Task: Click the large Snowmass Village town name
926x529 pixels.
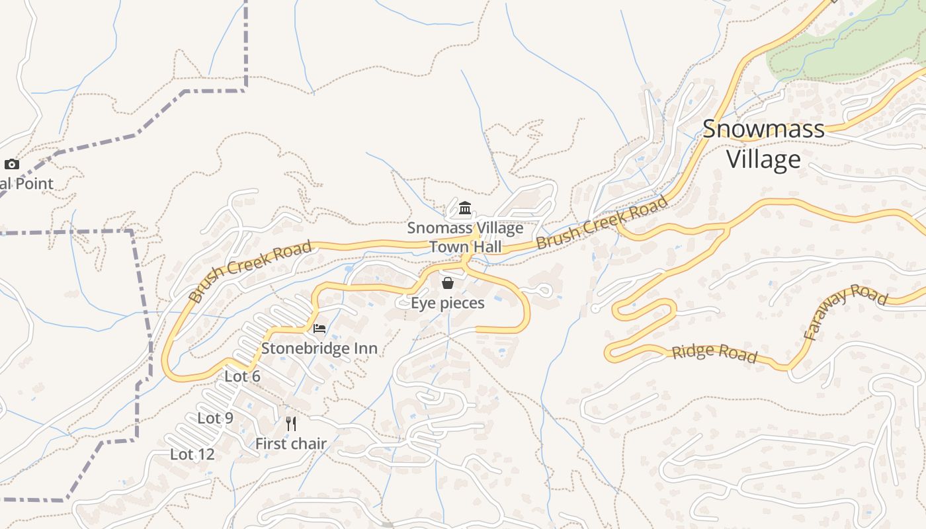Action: coord(763,143)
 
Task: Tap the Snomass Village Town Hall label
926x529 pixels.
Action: coord(465,237)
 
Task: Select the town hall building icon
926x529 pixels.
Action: coord(465,209)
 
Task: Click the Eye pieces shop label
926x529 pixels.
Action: coord(448,303)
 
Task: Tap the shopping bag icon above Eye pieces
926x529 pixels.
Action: coord(448,283)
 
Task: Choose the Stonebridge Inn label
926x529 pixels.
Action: coord(319,348)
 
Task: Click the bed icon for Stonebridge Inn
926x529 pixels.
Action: coord(319,329)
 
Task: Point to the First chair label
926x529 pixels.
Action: coord(291,444)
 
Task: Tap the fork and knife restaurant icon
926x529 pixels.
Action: coord(291,423)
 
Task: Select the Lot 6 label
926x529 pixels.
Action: coord(242,376)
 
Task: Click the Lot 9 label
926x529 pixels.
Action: coord(215,418)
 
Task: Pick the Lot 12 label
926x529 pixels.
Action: coord(192,454)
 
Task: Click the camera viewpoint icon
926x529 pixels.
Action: coord(12,164)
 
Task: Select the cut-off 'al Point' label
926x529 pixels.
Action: coord(26,184)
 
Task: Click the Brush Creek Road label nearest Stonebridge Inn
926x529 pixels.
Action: coord(249,271)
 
